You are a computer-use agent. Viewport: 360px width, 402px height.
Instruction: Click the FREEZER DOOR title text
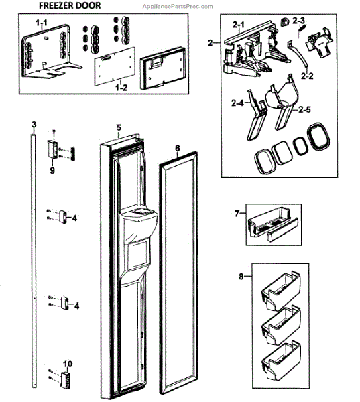click(70, 5)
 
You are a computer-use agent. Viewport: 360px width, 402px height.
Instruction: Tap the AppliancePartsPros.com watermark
click(178, 7)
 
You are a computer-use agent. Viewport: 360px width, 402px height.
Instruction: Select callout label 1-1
click(42, 23)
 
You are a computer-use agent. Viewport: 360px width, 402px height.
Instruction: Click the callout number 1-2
click(121, 88)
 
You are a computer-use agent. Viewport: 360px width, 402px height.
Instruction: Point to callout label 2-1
click(239, 25)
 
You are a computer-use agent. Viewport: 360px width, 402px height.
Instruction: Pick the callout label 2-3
click(299, 21)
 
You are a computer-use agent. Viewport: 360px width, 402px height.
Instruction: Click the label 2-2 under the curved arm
click(307, 76)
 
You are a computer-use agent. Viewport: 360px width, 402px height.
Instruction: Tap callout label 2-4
click(237, 103)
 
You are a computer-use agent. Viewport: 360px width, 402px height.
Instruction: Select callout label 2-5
click(304, 109)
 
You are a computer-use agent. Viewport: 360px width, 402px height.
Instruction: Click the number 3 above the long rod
click(34, 125)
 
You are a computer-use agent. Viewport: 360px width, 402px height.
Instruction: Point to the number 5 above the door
click(119, 127)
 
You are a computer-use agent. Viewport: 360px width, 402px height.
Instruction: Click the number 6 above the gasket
click(178, 149)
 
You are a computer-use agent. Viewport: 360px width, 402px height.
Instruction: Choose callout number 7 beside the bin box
click(237, 213)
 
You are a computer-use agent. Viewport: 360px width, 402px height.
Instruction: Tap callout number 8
click(241, 277)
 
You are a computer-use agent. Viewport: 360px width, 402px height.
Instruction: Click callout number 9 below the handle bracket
click(52, 170)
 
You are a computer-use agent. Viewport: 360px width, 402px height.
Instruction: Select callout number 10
click(68, 364)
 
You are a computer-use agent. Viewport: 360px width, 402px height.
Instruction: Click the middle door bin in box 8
click(281, 326)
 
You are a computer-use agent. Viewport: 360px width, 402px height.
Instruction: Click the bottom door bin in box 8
click(281, 360)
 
